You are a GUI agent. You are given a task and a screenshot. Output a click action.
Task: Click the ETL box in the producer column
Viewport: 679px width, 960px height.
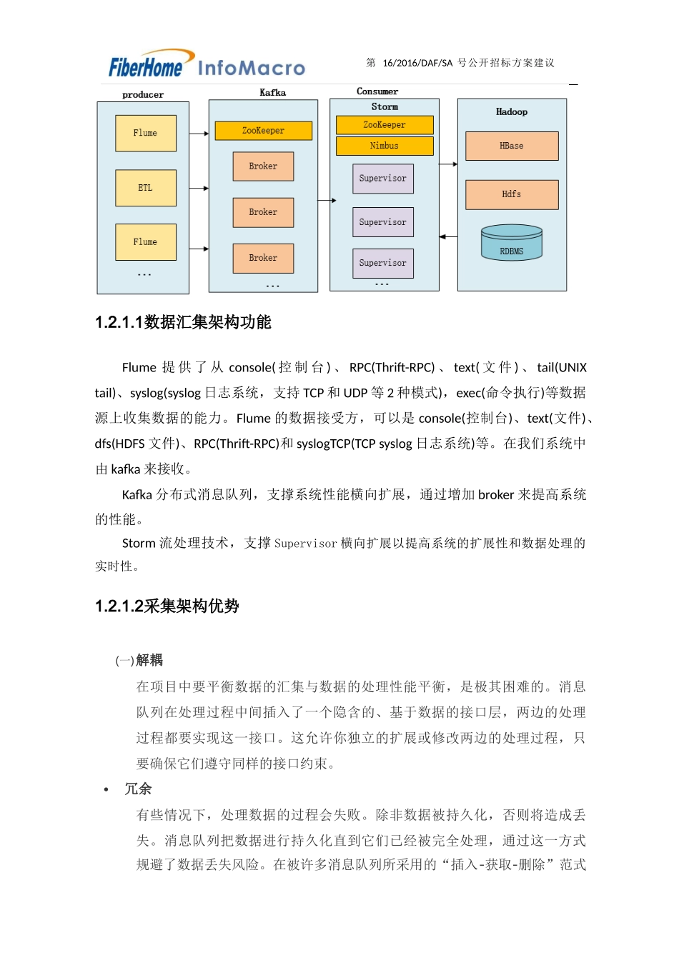coord(145,188)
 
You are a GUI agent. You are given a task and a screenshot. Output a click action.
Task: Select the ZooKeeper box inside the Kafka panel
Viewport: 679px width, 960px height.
coord(263,131)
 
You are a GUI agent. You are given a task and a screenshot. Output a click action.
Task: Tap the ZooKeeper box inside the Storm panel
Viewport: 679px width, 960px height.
coord(385,125)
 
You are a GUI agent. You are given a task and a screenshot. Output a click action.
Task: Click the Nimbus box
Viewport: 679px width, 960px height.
coord(385,146)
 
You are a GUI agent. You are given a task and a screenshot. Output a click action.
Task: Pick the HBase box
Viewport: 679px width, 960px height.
coord(512,146)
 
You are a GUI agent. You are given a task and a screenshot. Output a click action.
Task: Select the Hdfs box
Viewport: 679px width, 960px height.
coord(512,194)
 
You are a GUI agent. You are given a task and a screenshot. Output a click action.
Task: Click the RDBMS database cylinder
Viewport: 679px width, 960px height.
coord(512,243)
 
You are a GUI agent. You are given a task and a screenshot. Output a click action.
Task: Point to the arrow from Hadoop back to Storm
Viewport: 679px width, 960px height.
coord(448,236)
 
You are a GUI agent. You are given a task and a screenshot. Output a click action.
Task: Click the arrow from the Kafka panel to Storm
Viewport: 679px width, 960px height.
coord(327,201)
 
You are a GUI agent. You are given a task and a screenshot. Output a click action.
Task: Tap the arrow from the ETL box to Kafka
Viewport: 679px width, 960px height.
coord(199,189)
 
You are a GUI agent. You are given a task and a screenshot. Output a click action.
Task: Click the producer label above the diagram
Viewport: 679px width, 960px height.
coord(143,95)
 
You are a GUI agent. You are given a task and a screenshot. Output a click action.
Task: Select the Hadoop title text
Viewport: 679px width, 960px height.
coord(512,112)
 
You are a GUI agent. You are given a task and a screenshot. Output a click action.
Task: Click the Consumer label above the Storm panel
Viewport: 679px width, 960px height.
coord(377,91)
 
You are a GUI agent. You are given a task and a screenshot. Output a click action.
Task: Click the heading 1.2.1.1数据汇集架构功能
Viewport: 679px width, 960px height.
coord(183,322)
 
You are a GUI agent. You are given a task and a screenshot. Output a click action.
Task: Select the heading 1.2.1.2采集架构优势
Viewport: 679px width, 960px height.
coord(167,606)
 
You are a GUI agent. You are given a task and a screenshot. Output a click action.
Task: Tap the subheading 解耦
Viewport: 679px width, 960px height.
coord(149,660)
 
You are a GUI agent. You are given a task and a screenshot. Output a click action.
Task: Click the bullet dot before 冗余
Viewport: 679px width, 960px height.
coord(106,789)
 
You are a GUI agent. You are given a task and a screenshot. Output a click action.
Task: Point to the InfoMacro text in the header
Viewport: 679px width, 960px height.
coord(251,69)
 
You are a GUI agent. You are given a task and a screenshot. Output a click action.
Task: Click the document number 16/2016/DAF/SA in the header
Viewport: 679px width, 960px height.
coord(417,63)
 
